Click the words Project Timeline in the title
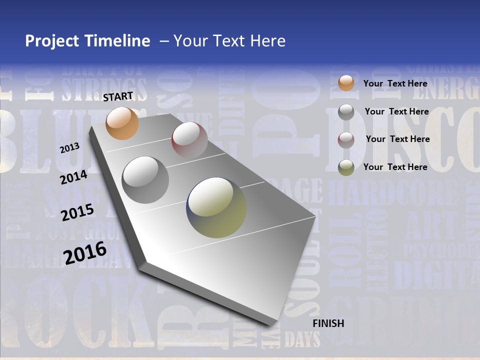(87, 41)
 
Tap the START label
(118, 96)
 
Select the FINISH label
(328, 323)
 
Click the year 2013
(70, 148)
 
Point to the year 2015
(77, 212)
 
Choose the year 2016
(85, 252)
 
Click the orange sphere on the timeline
(122, 123)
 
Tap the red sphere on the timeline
(189, 139)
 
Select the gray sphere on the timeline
(145, 180)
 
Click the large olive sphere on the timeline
(217, 207)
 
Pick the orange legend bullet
(346, 83)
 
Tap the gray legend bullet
(346, 112)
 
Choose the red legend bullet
(346, 139)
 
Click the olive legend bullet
(346, 167)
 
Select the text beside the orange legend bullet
(395, 83)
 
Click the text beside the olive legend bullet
(395, 167)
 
